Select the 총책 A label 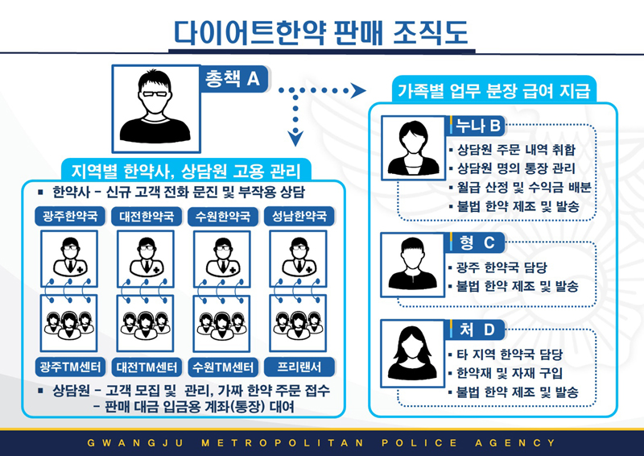[232, 78]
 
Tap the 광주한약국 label [68, 217]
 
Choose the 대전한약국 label [144, 217]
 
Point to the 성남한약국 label [298, 217]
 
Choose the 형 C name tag [478, 242]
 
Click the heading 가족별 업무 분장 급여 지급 [492, 89]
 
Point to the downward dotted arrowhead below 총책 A [295, 138]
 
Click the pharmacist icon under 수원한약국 [220, 257]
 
